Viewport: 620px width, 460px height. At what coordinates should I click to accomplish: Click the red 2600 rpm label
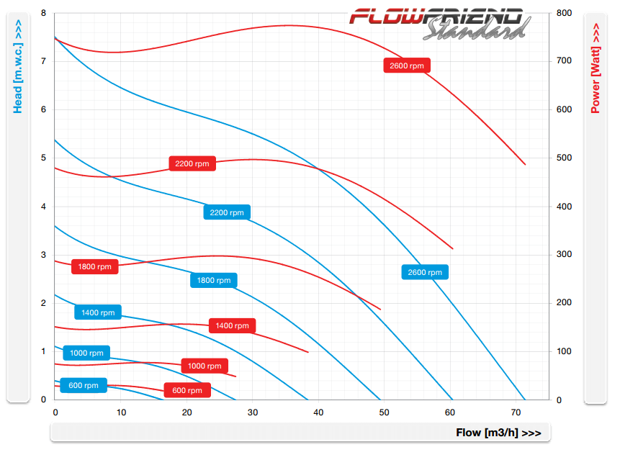[407, 66]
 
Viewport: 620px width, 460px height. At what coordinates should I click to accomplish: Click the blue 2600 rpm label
[425, 272]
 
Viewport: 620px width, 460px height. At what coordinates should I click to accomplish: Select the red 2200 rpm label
[192, 163]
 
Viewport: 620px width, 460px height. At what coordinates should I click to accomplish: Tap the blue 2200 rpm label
[227, 212]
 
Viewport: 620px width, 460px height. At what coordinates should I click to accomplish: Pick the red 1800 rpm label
[95, 266]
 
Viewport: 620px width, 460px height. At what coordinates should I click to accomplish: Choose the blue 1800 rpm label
[214, 280]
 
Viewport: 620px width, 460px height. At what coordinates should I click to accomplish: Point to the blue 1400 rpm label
[98, 312]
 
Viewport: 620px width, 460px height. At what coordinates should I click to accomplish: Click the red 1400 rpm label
[232, 325]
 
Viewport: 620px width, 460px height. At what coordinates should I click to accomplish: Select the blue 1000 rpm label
[87, 353]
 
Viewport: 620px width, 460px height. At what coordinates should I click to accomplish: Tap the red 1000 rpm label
[205, 366]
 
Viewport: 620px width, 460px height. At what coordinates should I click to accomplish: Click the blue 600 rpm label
[84, 385]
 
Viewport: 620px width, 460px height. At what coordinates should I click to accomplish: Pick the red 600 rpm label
[187, 390]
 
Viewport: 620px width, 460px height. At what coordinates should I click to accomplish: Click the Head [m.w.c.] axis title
[18, 67]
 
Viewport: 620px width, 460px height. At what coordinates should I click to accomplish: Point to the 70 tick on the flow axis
[515, 412]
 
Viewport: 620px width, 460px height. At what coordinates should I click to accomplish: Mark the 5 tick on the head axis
[43, 158]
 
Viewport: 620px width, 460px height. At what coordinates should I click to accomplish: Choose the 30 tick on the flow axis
[252, 412]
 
